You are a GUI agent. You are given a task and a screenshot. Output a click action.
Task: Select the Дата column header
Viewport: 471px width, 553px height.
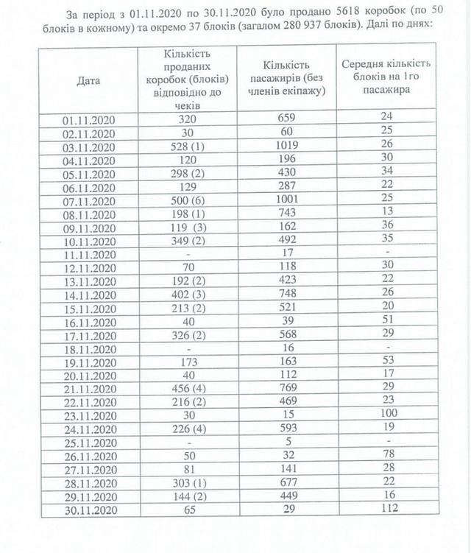click(88, 80)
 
